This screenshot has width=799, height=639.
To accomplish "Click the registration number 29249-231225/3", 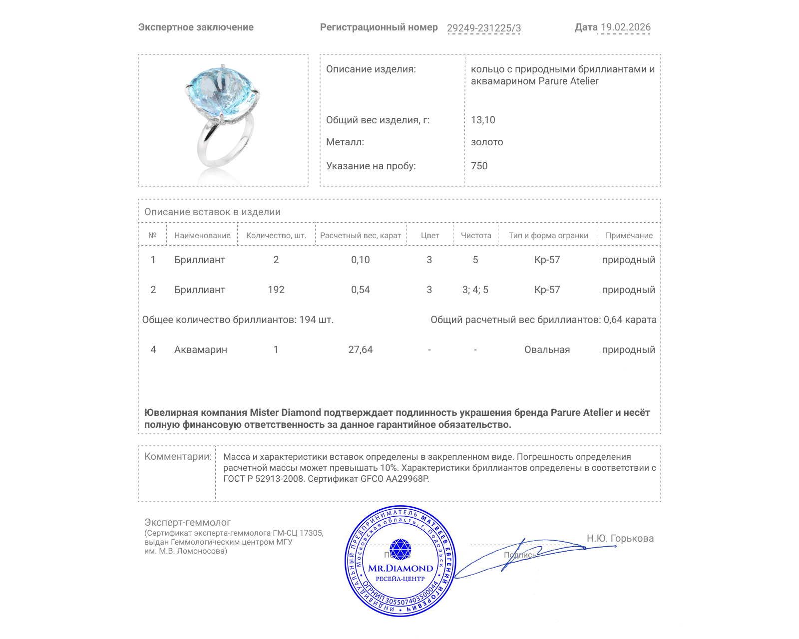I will [x=483, y=28].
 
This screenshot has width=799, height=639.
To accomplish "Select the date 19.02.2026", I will [x=625, y=27].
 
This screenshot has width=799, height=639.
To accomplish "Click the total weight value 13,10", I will [x=483, y=120].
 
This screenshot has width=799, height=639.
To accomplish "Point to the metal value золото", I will [x=487, y=142].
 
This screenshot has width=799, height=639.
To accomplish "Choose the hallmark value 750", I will [x=479, y=166].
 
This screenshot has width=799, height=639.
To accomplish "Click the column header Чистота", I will [x=475, y=236].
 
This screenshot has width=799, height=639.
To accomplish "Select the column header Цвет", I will [x=429, y=236].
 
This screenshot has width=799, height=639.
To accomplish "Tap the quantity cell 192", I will [x=276, y=290].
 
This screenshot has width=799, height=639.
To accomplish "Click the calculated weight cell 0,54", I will [x=360, y=290].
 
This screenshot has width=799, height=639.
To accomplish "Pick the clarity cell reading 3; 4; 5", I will [x=475, y=290].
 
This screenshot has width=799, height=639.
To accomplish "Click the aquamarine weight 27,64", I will [x=360, y=350].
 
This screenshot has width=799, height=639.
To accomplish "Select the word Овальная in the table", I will [x=547, y=350].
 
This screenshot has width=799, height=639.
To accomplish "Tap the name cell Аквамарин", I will [x=200, y=350].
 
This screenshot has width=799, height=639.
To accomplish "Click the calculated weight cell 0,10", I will [x=360, y=260].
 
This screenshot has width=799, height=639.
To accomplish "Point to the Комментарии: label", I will [x=178, y=457].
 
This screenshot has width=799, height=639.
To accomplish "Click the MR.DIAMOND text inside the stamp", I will [x=400, y=568].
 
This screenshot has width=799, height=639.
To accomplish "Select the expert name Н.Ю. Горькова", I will [x=620, y=538].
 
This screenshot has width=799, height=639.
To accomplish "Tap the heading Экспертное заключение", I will [x=196, y=27].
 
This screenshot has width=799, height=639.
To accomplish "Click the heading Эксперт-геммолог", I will [x=187, y=522].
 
